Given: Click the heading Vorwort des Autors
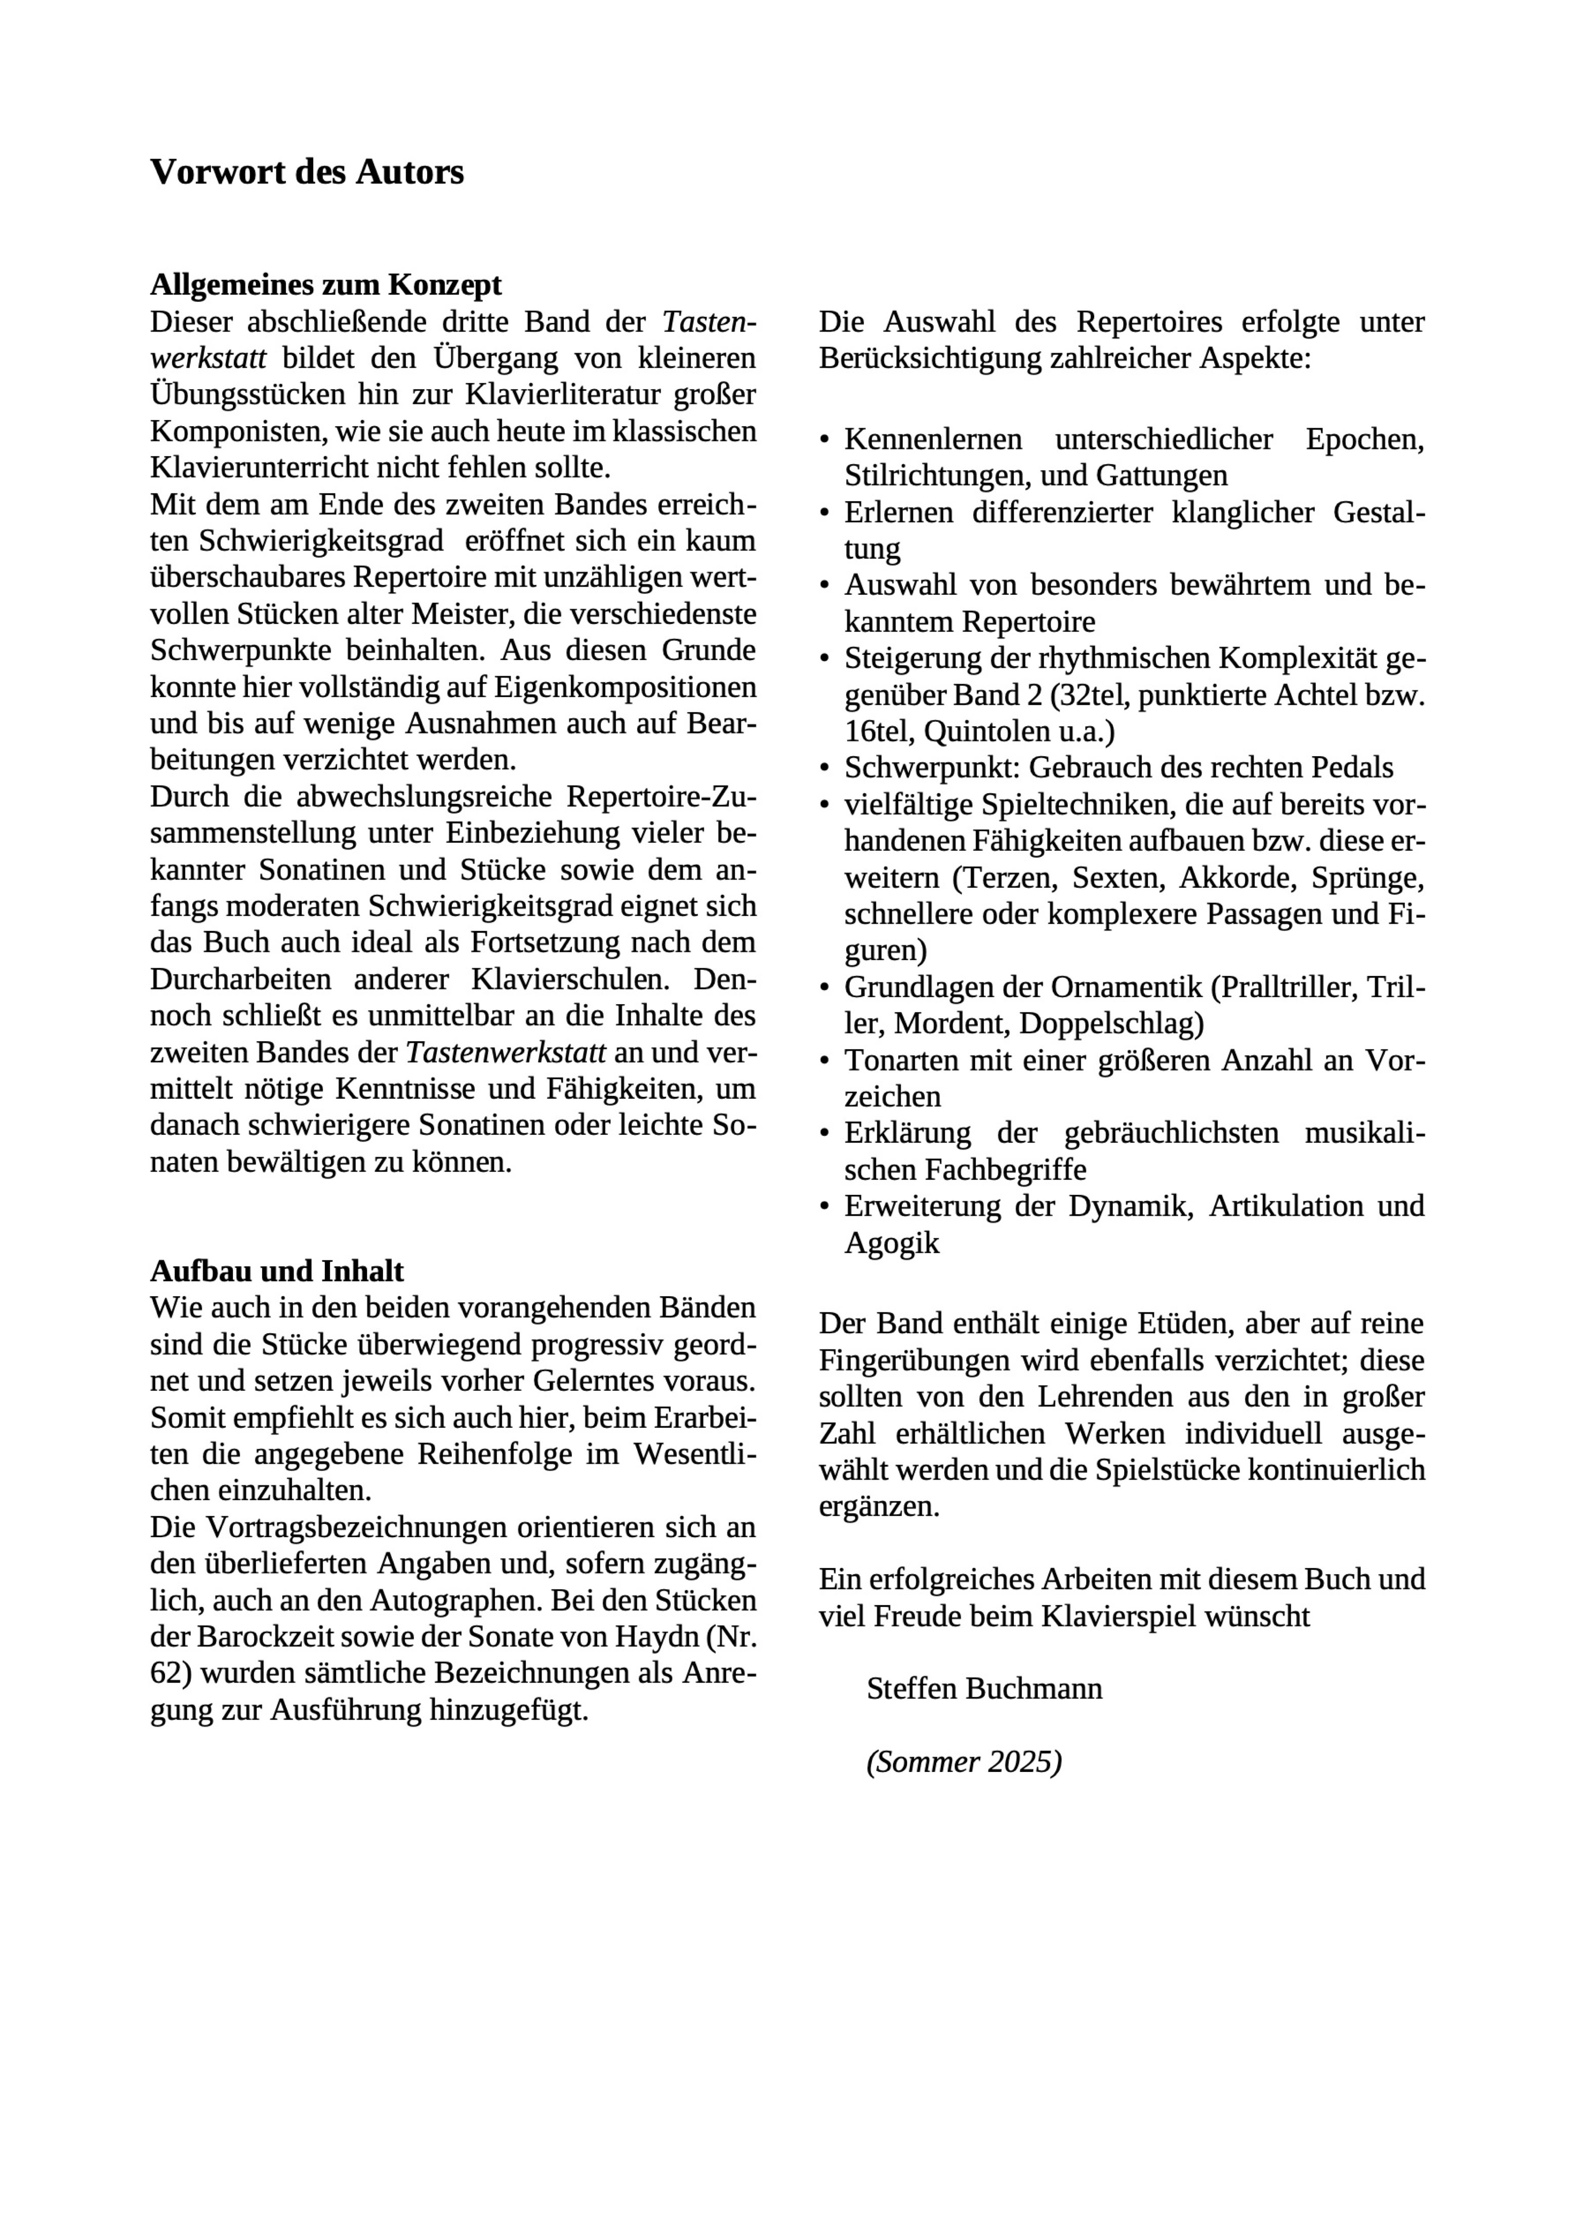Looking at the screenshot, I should click(x=307, y=172).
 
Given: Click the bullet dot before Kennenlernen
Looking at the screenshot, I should click(x=825, y=441).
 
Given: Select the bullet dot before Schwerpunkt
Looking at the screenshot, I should click(x=825, y=769).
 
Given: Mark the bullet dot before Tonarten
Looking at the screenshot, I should click(x=825, y=1061).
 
